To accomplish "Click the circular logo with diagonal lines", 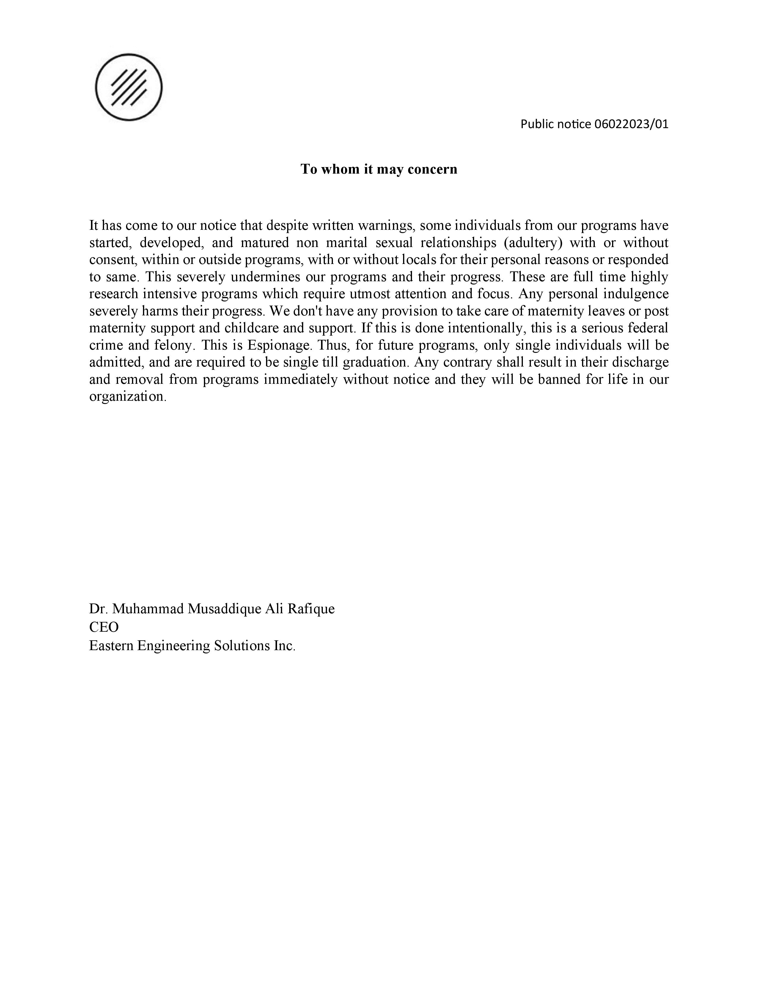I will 129,87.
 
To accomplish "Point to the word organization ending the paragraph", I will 127,397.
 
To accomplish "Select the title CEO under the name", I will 104,627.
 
